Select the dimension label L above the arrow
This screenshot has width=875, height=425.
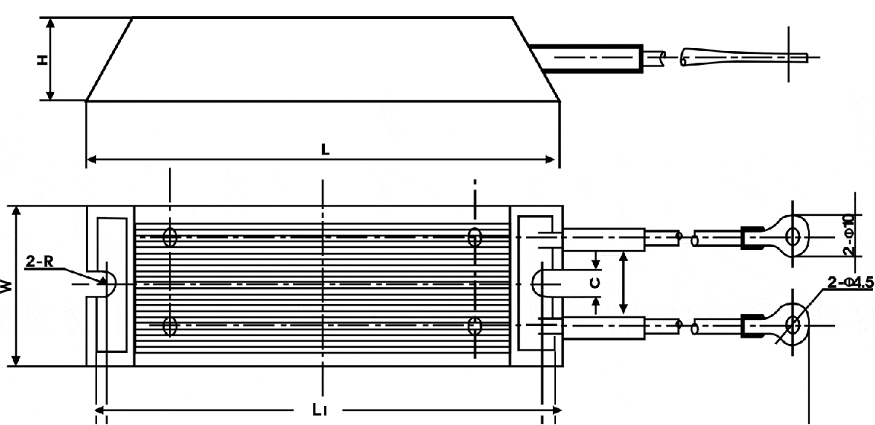point(325,149)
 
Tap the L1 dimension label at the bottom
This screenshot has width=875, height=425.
point(320,410)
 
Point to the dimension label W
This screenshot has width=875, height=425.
point(7,286)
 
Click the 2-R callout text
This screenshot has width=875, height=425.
point(39,261)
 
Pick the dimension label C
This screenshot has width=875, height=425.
point(595,283)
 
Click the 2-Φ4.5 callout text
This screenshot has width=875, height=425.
point(850,282)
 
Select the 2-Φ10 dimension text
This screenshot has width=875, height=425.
point(850,235)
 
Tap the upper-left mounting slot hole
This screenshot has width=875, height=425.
point(170,237)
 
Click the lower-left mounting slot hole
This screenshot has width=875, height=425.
point(170,326)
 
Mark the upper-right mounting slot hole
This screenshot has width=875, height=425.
point(474,237)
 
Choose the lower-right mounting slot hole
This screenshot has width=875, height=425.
point(474,326)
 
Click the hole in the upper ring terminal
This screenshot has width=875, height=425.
point(793,237)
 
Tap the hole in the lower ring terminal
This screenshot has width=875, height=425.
point(793,325)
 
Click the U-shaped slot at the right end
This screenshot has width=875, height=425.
point(533,284)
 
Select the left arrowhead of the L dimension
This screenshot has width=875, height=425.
point(91,160)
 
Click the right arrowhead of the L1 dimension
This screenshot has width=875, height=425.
point(557,410)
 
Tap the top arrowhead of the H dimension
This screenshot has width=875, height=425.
point(50,23)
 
